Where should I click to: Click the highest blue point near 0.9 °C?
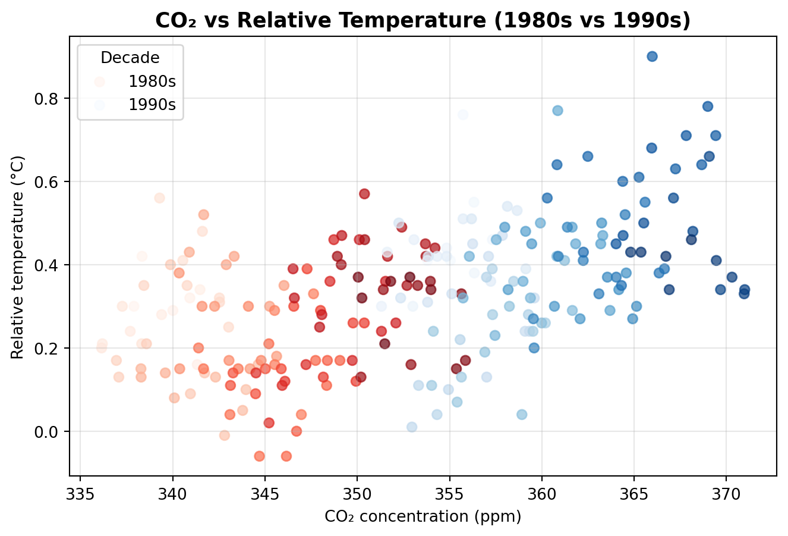(652, 57)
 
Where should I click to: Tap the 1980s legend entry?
(152, 82)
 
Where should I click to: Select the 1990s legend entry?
(152, 105)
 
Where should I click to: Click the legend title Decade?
(130, 58)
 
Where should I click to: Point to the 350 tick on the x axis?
(357, 476)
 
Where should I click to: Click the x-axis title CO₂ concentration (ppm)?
(423, 516)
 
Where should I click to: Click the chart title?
(423, 21)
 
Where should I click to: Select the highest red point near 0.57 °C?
(364, 194)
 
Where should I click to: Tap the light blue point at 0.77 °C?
(557, 111)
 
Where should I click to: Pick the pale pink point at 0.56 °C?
(159, 198)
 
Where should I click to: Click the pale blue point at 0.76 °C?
(463, 115)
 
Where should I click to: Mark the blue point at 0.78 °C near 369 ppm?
(708, 106)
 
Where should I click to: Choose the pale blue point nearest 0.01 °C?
(412, 427)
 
